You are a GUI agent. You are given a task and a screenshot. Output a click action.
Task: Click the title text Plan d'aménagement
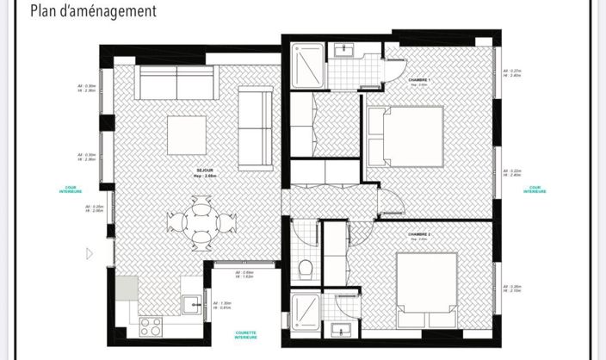coord(93,11)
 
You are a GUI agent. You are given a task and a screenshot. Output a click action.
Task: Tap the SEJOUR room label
coord(204,171)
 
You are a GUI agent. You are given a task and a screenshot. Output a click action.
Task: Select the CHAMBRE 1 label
coord(420,79)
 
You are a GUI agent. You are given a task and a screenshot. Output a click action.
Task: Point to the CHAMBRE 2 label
coord(420,233)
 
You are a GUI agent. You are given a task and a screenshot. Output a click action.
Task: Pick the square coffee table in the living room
coord(187,135)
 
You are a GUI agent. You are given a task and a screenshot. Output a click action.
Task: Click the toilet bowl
coord(305,269)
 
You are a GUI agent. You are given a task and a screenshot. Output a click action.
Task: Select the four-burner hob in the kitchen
coord(151,326)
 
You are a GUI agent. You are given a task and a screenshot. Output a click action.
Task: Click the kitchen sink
coord(190,302)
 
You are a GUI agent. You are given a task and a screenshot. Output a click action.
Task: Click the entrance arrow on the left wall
coord(90,253)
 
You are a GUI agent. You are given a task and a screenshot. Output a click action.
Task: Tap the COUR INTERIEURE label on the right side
coord(535,189)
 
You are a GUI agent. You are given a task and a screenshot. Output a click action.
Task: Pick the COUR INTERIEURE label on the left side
coord(71,189)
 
